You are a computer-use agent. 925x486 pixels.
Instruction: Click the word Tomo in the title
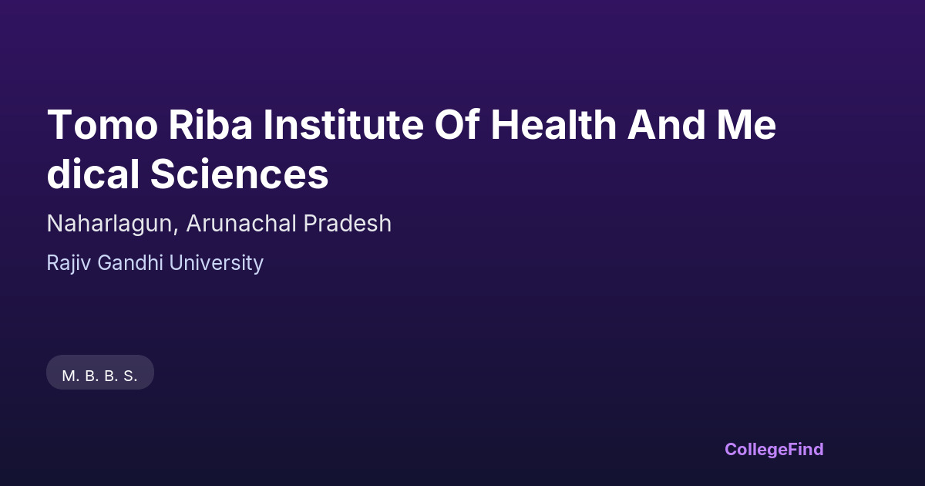point(103,124)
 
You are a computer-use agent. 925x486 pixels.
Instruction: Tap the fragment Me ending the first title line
point(747,124)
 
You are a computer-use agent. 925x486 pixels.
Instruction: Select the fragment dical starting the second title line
point(93,173)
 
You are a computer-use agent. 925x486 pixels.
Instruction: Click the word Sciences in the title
point(240,174)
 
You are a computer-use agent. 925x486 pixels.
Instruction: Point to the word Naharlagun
point(109,224)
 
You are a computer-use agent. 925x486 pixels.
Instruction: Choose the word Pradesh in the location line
point(348,223)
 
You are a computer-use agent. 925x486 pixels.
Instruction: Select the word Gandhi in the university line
point(130,262)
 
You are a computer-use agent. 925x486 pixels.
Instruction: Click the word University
point(217,263)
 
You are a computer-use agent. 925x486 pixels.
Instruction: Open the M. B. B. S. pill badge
point(100,373)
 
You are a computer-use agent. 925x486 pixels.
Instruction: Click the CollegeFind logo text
point(774,450)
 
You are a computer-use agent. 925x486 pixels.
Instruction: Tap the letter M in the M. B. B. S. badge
point(68,376)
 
